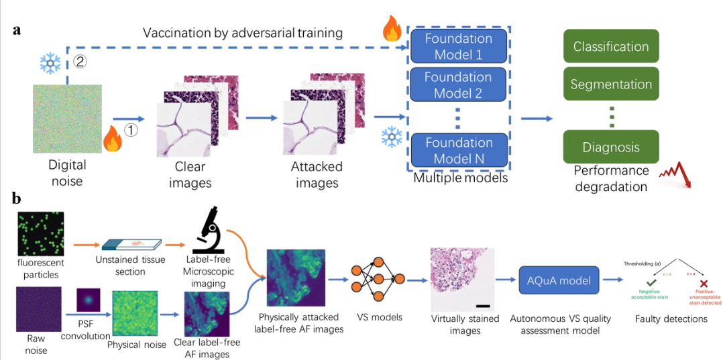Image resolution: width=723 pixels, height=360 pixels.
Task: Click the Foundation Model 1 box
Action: [x=458, y=46]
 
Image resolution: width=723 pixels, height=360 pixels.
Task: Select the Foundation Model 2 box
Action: [x=458, y=84]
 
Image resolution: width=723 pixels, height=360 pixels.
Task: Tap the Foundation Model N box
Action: [x=458, y=150]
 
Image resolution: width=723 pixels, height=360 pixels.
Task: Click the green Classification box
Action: [x=611, y=47]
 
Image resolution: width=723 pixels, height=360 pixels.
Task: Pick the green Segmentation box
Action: [x=611, y=84]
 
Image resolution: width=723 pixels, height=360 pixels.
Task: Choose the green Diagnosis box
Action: [x=611, y=147]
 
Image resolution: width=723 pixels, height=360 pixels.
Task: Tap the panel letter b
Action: [x=16, y=199]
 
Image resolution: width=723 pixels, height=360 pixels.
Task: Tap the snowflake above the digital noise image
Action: [x=50, y=63]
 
